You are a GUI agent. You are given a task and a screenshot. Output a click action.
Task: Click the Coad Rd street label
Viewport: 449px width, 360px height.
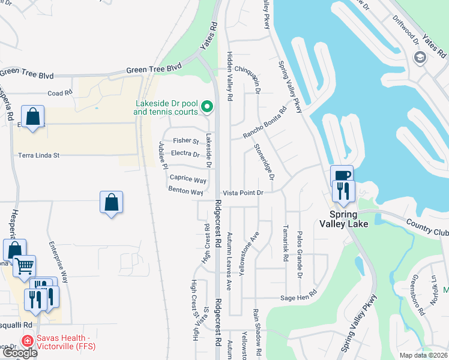coord(60,93)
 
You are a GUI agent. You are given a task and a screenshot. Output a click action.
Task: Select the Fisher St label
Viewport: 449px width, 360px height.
coord(185,140)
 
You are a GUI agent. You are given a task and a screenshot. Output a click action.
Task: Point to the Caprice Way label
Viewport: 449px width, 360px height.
coord(188,179)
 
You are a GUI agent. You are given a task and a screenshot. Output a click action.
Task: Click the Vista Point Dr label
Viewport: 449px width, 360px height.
coord(244,193)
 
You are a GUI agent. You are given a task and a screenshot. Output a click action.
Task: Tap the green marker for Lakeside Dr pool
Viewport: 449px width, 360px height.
coord(208,107)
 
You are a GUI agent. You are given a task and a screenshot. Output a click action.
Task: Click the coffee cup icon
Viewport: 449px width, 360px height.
coord(342,176)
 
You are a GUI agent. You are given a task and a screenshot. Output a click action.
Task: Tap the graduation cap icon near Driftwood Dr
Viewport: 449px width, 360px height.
coord(420,56)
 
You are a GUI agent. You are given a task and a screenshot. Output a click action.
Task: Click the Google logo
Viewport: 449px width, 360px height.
coord(19,353)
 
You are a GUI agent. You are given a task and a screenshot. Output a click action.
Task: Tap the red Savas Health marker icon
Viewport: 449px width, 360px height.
coord(27,340)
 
